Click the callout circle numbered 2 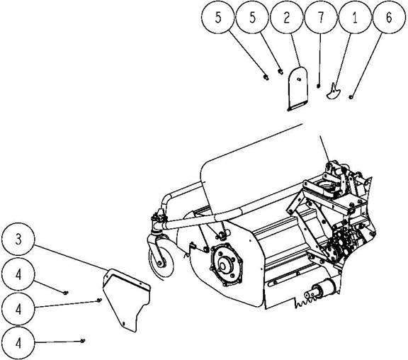coord(286,17)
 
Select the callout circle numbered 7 coord(321,17)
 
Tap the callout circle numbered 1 coord(355,17)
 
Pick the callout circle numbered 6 coord(390,17)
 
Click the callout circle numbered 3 coord(18,239)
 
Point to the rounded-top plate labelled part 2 coord(298,89)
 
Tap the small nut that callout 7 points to coord(318,86)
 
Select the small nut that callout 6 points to coord(351,97)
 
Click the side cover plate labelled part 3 coord(126,299)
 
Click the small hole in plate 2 coord(299,79)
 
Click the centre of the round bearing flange coord(223,266)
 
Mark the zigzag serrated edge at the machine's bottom coord(307,302)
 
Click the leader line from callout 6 coord(367,64)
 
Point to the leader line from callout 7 coord(319,59)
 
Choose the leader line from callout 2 coord(295,50)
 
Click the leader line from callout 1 coord(343,59)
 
